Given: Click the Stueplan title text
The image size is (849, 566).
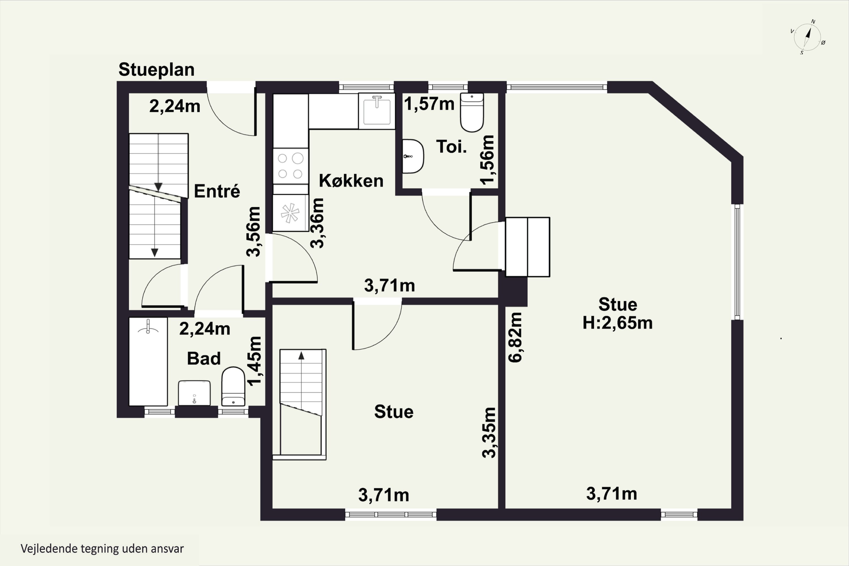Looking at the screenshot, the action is tap(156, 70).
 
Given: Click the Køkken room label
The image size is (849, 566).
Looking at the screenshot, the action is tap(351, 181).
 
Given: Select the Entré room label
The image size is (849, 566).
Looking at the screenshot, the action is tap(217, 191).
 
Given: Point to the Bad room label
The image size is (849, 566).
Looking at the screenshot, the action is tap(203, 359).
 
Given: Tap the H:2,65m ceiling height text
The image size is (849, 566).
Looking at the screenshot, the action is tap(618, 323).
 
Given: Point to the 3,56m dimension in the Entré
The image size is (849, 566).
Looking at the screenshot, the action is tap(253, 231).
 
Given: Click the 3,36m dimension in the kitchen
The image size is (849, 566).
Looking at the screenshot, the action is tap(317, 223).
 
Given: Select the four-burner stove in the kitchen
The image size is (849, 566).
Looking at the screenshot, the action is tap(291, 166).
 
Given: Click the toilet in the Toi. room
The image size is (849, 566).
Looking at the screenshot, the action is tap(472, 112).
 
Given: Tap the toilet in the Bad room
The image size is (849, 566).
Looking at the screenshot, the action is tap(233, 387).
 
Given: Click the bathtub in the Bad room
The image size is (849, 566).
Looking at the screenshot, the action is tap(148, 361).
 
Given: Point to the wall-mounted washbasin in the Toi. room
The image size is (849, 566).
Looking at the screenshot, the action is tap(413, 156).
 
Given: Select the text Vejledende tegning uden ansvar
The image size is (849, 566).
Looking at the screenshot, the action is tap(102, 549).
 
